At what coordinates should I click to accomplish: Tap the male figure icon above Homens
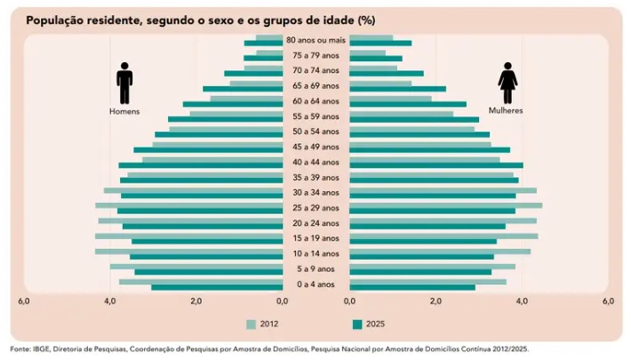pyautogui.click(x=124, y=85)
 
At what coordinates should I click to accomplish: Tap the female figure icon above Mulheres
pyautogui.click(x=507, y=84)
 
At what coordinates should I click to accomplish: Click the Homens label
pyautogui.click(x=124, y=112)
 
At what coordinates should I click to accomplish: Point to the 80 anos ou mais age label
pyautogui.click(x=315, y=40)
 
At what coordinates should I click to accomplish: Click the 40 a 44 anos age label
pyautogui.click(x=315, y=162)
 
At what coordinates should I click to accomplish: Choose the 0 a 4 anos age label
pyautogui.click(x=315, y=284)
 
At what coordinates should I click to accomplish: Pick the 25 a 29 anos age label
pyautogui.click(x=315, y=208)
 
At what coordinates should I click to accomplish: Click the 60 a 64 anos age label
pyautogui.click(x=315, y=101)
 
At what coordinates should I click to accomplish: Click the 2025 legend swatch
pyautogui.click(x=357, y=324)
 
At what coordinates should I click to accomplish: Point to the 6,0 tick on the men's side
pyautogui.click(x=24, y=302)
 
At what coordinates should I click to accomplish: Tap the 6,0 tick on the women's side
pyautogui.click(x=608, y=302)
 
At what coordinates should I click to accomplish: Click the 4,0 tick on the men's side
pyautogui.click(x=110, y=302)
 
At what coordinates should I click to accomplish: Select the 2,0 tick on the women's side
pyautogui.click(x=435, y=302)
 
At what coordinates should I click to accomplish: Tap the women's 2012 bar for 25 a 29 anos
pyautogui.click(x=445, y=205)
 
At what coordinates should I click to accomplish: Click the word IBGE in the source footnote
pyautogui.click(x=39, y=349)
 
